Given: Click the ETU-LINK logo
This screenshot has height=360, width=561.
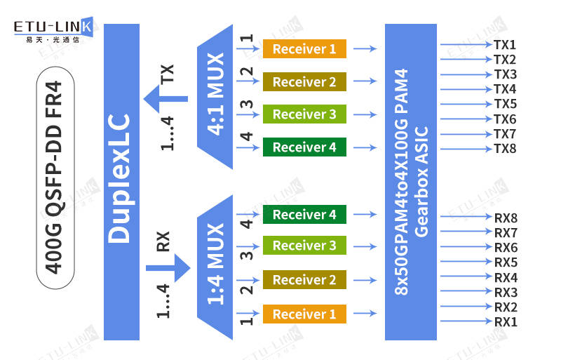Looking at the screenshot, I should pos(53,30).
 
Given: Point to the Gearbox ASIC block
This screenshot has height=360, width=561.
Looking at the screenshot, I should pos(410,181).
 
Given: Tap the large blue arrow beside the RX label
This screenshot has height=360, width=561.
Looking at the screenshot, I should pos(168,267).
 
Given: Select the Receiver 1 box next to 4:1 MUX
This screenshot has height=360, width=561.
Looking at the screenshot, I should pos(304,49).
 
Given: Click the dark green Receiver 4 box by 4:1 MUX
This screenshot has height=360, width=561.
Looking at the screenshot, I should pos(304,147).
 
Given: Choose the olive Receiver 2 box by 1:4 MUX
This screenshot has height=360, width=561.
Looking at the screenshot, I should pos(304,280).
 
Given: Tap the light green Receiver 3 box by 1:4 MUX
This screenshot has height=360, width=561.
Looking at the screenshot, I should pos(304,246).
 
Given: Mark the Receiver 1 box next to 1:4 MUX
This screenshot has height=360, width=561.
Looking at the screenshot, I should pos(304,314).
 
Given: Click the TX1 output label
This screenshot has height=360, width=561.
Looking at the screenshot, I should pos(505,45).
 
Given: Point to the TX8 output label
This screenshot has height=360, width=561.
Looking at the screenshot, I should pos(505,149).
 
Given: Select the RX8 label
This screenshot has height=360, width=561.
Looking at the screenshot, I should pos(506,218).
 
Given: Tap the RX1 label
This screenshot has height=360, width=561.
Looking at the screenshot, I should pos(506,322).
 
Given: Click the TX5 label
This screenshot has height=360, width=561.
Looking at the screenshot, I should pos(505,104).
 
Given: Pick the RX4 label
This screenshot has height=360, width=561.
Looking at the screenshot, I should pos(506,277).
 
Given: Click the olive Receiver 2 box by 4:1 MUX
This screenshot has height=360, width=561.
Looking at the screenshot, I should pos(304,82).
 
